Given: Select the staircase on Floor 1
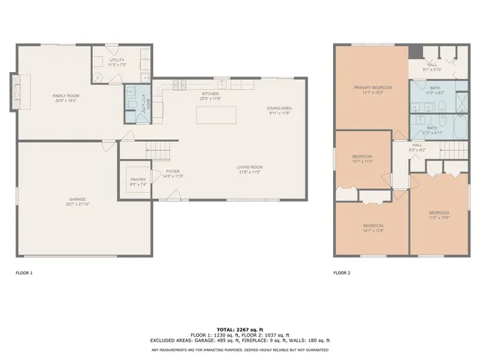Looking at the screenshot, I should pyautogui.click(x=159, y=151).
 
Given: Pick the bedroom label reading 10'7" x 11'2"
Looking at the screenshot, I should pyautogui.click(x=362, y=159).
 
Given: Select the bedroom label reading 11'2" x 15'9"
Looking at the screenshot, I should pyautogui.click(x=439, y=214).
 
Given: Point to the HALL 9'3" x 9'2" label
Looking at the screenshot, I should pyautogui.click(x=418, y=148).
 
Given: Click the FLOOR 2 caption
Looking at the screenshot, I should pyautogui.click(x=342, y=273).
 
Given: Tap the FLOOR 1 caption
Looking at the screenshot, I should pyautogui.click(x=24, y=273).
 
